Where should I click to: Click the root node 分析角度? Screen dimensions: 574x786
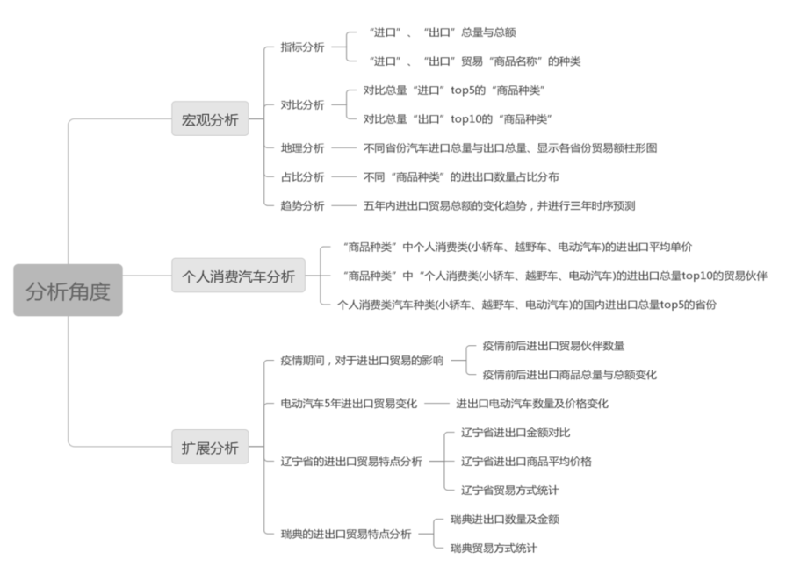point(68,291)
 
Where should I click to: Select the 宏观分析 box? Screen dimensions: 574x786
point(210,119)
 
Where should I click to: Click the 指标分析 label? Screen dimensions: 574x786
point(302,47)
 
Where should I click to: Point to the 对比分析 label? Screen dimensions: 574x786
point(302,104)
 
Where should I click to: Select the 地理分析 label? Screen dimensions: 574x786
point(302,147)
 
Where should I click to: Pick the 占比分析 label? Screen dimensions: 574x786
point(302,176)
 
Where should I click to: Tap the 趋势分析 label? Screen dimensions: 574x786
point(302,205)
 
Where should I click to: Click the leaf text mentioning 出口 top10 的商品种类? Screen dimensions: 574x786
point(457,118)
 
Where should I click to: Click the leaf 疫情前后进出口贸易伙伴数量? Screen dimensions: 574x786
point(554,346)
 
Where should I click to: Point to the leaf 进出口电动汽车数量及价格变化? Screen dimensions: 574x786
point(531,404)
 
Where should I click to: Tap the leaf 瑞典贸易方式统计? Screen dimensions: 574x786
point(494,548)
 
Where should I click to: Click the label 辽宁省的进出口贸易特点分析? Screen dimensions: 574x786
point(350,462)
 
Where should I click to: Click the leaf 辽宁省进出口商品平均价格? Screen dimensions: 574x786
point(526,461)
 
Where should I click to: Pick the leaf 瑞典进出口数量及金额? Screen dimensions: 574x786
point(504,519)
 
